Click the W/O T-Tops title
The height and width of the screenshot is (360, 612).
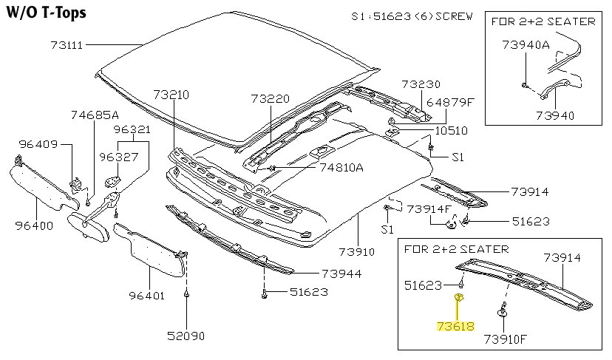[x=46, y=13]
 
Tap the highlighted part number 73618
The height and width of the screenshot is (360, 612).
[x=455, y=325]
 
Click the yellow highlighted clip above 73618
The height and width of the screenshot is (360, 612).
[x=459, y=298]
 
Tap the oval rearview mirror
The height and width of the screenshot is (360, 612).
[x=87, y=226]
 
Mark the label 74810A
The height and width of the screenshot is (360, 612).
[x=341, y=167]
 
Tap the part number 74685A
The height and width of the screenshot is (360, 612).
[x=95, y=115]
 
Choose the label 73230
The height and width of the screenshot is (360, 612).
[x=421, y=84]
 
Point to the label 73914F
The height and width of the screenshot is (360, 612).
[x=429, y=208]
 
